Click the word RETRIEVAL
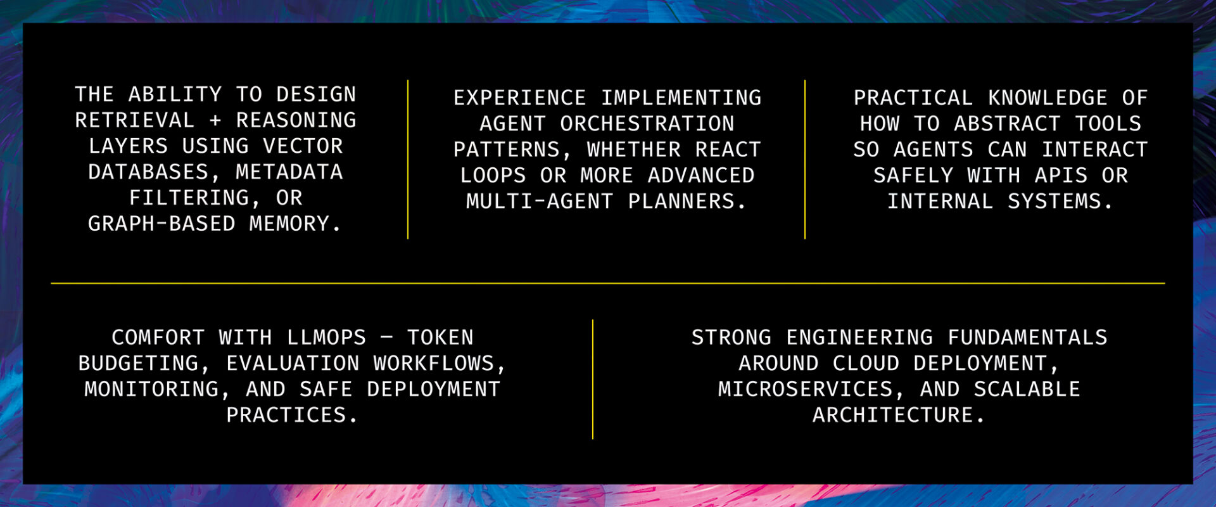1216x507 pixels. [x=134, y=120]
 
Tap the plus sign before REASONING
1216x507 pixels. [x=215, y=120]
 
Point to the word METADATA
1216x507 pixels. [x=289, y=172]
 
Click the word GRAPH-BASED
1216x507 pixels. [x=161, y=224]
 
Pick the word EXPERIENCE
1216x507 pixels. [x=520, y=98]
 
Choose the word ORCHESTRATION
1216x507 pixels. [x=647, y=124]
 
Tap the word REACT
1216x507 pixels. [x=728, y=150]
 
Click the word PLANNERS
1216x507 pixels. [x=681, y=202]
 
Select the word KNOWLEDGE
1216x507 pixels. [x=1048, y=98]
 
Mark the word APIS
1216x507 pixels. [x=1061, y=176]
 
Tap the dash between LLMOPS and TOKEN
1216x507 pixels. [x=387, y=337]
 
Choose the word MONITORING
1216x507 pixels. [x=151, y=389]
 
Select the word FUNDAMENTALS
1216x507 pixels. [x=1028, y=337]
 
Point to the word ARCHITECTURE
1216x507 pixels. [x=893, y=415]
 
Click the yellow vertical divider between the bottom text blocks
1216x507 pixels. [x=593, y=379]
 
